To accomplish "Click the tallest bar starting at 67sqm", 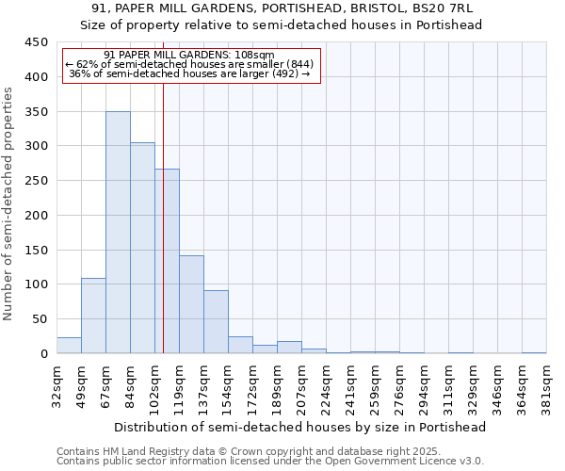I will click(x=118, y=233).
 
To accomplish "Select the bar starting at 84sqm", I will click(x=142, y=248).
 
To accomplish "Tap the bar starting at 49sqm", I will click(x=93, y=316).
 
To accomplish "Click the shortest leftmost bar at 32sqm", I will click(x=69, y=346).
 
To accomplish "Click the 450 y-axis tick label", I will click(x=36, y=42).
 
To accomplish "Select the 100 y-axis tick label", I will click(x=36, y=284).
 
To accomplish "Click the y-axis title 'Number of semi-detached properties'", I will click(x=9, y=203).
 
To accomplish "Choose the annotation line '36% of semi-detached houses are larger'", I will click(x=190, y=73).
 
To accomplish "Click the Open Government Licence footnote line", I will click(x=270, y=462).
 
